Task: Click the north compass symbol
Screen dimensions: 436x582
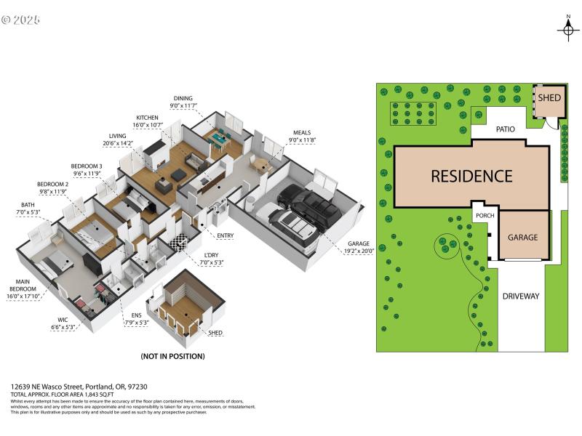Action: pyautogui.click(x=568, y=28)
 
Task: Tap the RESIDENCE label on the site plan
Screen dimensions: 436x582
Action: pyautogui.click(x=471, y=176)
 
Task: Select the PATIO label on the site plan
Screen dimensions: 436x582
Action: pyautogui.click(x=506, y=129)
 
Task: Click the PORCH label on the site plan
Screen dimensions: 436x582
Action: pyautogui.click(x=485, y=216)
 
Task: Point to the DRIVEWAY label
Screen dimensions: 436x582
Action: pyautogui.click(x=521, y=296)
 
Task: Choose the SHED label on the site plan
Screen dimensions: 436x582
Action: pyautogui.click(x=549, y=98)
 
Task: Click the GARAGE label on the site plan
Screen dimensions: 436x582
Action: pyautogui.click(x=522, y=238)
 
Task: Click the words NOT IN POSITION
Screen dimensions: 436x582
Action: pyautogui.click(x=172, y=357)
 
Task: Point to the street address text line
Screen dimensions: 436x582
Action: pyautogui.click(x=68, y=387)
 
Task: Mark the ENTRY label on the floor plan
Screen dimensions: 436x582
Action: pyautogui.click(x=225, y=235)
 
